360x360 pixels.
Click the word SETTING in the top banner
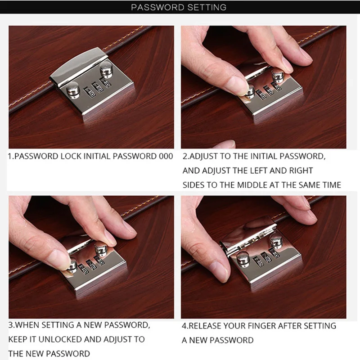click(x=207, y=7)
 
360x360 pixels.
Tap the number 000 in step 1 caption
click(x=166, y=156)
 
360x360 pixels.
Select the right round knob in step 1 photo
click(x=106, y=70)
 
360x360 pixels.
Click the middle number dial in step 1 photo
click(x=98, y=87)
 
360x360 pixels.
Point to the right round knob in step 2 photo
click(x=278, y=76)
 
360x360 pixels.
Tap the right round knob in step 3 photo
click(x=101, y=249)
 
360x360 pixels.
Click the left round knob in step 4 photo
click(x=243, y=259)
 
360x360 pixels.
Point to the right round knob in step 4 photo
click(x=276, y=241)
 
